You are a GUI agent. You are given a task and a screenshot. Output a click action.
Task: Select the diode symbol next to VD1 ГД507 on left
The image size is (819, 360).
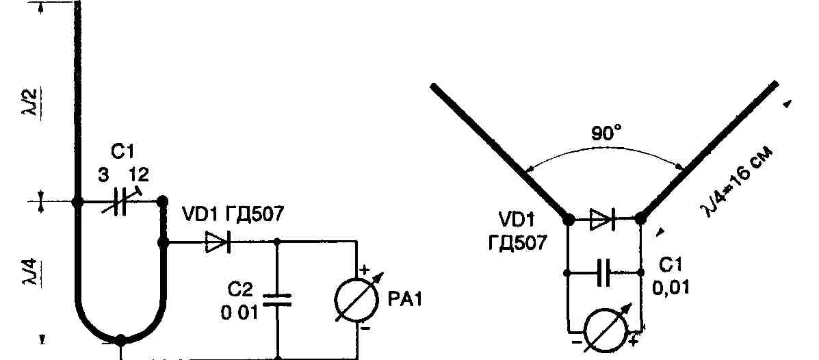click(x=219, y=242)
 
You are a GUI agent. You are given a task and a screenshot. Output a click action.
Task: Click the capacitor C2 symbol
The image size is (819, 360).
click(x=277, y=300)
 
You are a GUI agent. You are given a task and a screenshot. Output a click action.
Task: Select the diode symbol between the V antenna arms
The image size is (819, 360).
click(x=603, y=219)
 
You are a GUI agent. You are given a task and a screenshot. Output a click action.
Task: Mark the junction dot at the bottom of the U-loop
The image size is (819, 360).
click(x=121, y=339)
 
